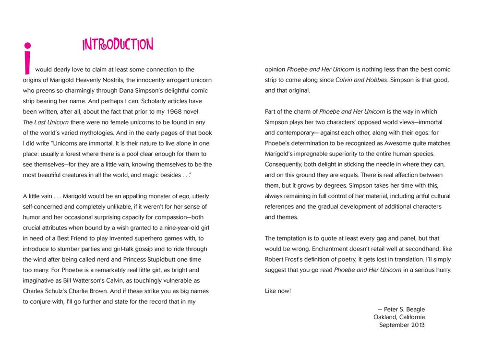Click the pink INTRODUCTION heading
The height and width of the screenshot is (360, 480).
point(118,45)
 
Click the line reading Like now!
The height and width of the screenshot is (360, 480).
point(278,291)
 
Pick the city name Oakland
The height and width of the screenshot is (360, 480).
point(386,317)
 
